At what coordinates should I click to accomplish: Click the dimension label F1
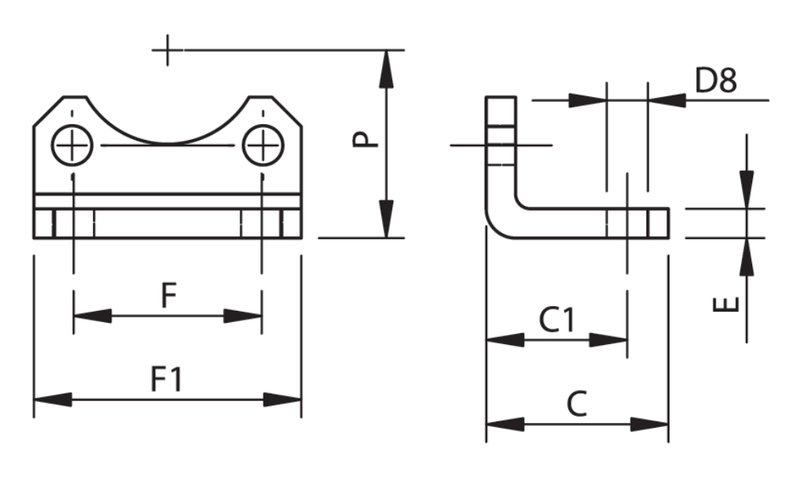[x=166, y=379]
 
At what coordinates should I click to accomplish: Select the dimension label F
[x=169, y=296]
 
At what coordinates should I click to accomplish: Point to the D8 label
[x=716, y=80]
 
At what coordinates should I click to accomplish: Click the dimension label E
[x=726, y=304]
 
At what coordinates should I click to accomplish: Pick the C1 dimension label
[x=557, y=320]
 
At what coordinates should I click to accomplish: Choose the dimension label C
[x=576, y=404]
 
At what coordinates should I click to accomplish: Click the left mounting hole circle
[x=72, y=145]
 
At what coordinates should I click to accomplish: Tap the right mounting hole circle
[x=263, y=145]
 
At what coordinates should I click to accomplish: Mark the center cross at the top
[x=167, y=50]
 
